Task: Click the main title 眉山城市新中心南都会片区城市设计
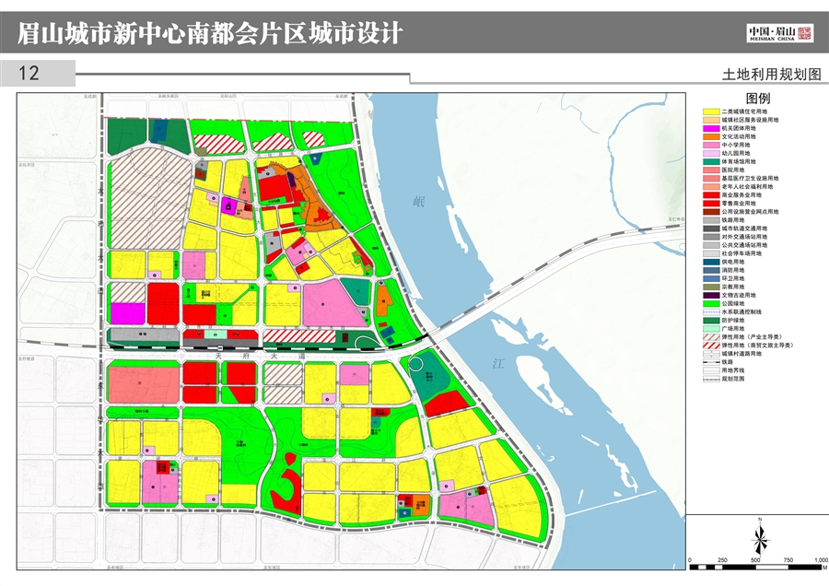(x=210, y=33)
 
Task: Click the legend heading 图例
(x=758, y=99)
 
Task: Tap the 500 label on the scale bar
(x=755, y=560)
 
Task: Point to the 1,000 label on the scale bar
(x=819, y=560)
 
